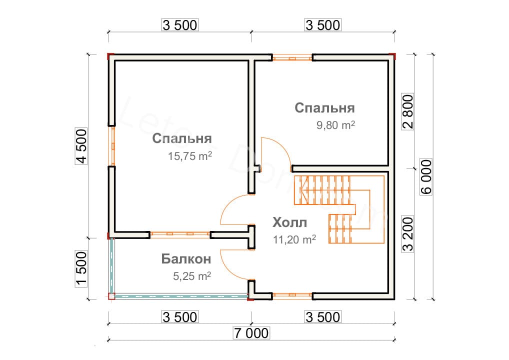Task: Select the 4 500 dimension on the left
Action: (82, 146)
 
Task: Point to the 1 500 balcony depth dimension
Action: (82, 268)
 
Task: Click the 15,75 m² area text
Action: (190, 157)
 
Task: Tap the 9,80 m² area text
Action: (334, 126)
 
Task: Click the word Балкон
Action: (186, 259)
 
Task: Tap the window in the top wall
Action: (292, 58)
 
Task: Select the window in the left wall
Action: (113, 146)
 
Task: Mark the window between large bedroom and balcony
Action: (179, 233)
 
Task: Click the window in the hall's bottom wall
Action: (292, 296)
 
